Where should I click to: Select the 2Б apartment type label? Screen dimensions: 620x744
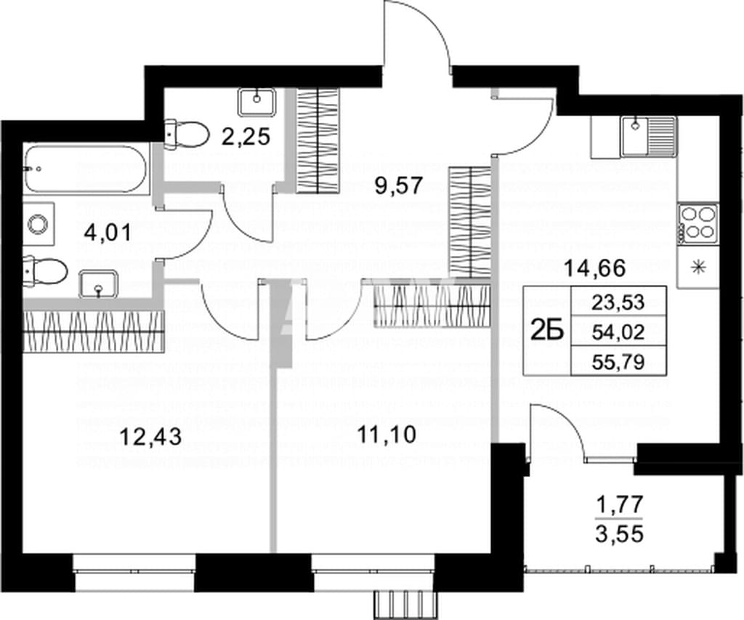pyautogui.click(x=548, y=331)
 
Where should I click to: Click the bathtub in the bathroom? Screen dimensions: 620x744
pyautogui.click(x=86, y=169)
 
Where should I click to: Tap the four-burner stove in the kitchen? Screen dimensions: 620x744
pyautogui.click(x=698, y=222)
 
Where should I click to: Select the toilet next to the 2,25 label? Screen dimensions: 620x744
pyautogui.click(x=187, y=133)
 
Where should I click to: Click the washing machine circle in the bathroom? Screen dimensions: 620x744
pyautogui.click(x=38, y=222)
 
